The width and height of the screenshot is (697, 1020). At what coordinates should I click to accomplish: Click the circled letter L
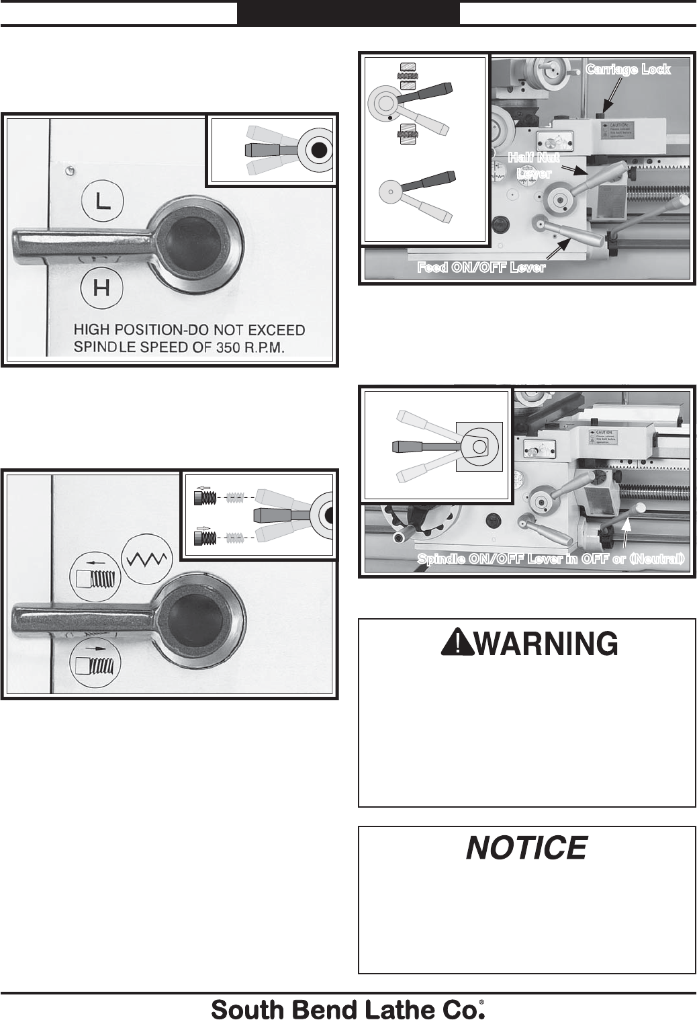point(102,200)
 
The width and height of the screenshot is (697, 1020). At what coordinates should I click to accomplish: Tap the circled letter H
point(101,288)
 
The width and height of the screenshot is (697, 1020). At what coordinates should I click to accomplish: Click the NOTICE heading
point(526,848)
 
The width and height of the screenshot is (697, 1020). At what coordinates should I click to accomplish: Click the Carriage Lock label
point(628,69)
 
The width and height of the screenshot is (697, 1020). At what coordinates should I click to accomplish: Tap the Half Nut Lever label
point(533,165)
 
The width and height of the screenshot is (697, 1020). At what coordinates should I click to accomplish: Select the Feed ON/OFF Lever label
point(481,267)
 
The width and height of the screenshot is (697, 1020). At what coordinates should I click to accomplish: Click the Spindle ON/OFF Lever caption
point(551,559)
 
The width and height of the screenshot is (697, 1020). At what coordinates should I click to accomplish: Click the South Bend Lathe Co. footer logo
point(348,1009)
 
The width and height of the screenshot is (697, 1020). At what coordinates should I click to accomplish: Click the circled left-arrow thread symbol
point(95,576)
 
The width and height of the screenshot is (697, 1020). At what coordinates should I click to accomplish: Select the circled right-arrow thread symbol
point(95,667)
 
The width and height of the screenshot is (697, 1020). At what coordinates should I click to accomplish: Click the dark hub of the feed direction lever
point(197,618)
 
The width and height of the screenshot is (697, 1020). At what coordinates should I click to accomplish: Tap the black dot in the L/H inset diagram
point(320,150)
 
